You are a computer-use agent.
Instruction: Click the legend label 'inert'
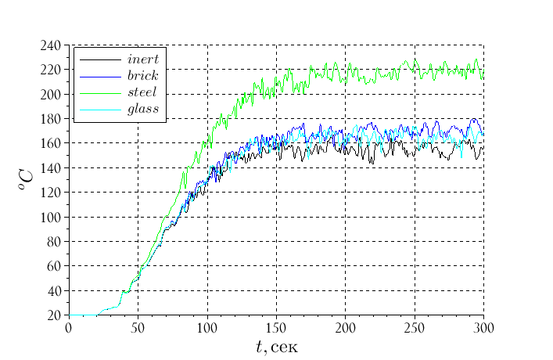tap(142, 59)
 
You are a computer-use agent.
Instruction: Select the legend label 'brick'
tap(142, 75)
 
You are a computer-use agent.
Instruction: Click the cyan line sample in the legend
tap(100, 110)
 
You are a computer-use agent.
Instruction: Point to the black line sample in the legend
tap(100, 59)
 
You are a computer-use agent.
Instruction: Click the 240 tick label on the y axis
tap(49, 45)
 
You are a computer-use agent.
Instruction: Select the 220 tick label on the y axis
tap(49, 70)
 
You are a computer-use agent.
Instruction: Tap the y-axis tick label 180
tap(49, 119)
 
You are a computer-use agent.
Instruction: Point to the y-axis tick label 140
tap(49, 168)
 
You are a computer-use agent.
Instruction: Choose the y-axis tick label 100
tap(49, 217)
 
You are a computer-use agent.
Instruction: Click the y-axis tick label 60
tap(52, 266)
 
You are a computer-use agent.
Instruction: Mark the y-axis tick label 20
tap(52, 315)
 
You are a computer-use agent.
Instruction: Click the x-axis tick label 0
tap(69, 327)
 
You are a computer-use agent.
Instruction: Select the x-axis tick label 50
tap(138, 327)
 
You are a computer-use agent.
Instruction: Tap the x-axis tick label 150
tap(276, 327)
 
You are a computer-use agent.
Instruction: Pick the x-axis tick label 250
tap(415, 327)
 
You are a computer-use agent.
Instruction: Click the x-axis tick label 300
tap(483, 327)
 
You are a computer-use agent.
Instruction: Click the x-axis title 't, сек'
tap(276, 345)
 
